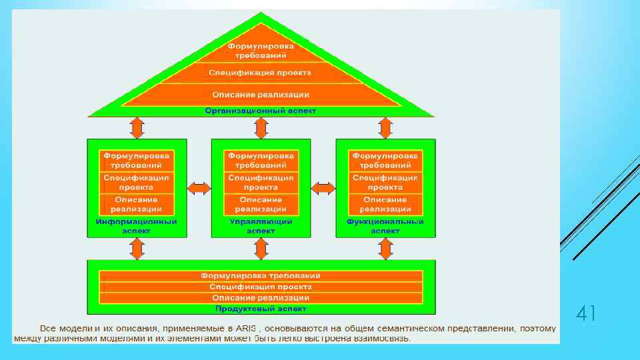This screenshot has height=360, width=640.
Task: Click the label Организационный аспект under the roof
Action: pyautogui.click(x=260, y=111)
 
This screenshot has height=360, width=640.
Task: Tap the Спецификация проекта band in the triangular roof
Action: pyautogui.click(x=260, y=73)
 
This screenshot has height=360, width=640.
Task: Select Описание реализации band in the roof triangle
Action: pyautogui.click(x=260, y=95)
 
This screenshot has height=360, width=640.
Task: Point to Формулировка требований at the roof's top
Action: pyautogui.click(x=261, y=51)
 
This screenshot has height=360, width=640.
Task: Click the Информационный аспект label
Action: pyautogui.click(x=137, y=226)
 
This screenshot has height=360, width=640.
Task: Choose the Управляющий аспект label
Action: pyautogui.click(x=261, y=226)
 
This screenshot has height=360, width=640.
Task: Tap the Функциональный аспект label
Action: pyautogui.click(x=385, y=226)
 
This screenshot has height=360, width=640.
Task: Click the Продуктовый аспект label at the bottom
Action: pyautogui.click(x=261, y=309)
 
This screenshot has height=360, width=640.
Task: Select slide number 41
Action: pyautogui.click(x=585, y=313)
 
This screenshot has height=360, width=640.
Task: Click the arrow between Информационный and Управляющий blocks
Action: pyautogui.click(x=199, y=189)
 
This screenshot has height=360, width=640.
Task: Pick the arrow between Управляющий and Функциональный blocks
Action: pyautogui.click(x=323, y=189)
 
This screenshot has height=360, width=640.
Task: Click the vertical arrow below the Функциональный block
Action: pyautogui.click(x=385, y=249)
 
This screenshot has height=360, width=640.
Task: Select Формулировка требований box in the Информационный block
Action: pyautogui.click(x=137, y=161)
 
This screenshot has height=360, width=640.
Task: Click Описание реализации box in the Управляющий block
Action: pyautogui.click(x=261, y=204)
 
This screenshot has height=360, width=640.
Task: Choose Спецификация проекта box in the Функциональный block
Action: pyautogui.click(x=385, y=183)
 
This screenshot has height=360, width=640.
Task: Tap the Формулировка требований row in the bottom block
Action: pyautogui.click(x=261, y=276)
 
